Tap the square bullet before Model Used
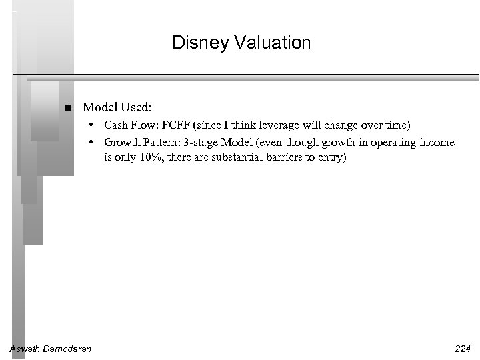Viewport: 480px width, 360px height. [68, 107]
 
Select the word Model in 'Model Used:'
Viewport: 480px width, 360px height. [97, 107]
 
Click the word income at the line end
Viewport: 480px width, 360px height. [439, 143]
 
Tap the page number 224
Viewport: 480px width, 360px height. [461, 349]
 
